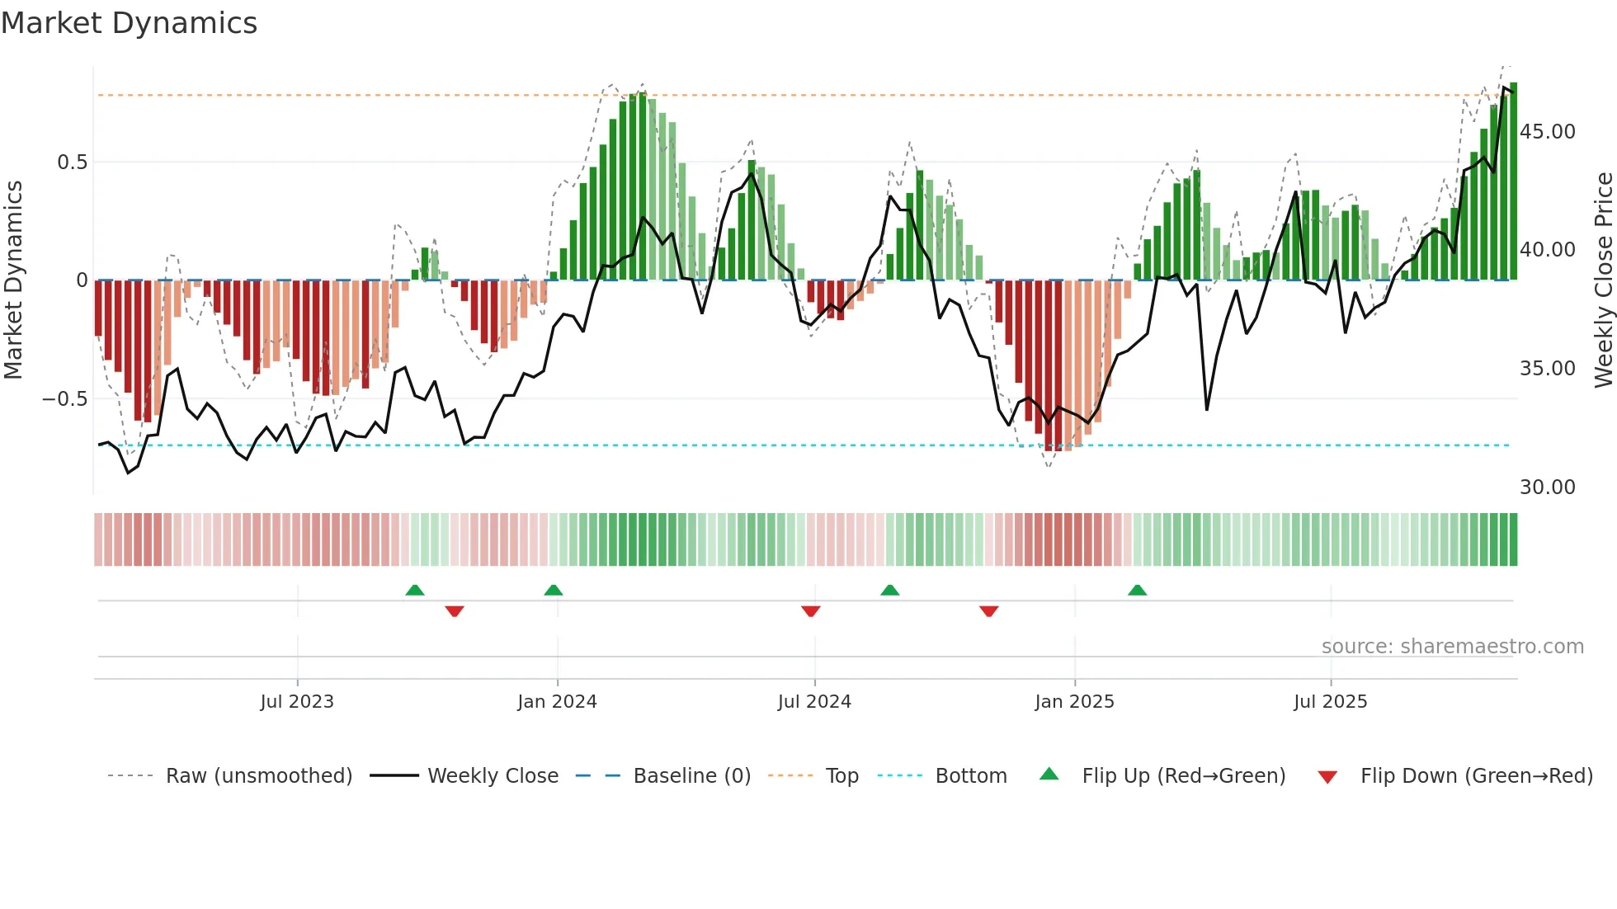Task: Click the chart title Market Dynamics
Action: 130,23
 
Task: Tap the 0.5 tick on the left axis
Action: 72,162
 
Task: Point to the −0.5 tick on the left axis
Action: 65,399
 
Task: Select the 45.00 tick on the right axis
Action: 1547,132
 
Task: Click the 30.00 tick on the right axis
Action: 1547,487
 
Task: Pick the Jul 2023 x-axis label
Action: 297,702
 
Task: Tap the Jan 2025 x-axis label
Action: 1074,702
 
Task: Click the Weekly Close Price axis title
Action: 1603,280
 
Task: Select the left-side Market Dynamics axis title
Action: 13,280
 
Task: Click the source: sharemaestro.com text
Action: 1452,647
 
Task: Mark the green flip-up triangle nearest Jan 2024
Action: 554,591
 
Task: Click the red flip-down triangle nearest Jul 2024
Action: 811,611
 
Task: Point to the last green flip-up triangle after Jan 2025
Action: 1137,591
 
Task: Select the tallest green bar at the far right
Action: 1514,181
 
